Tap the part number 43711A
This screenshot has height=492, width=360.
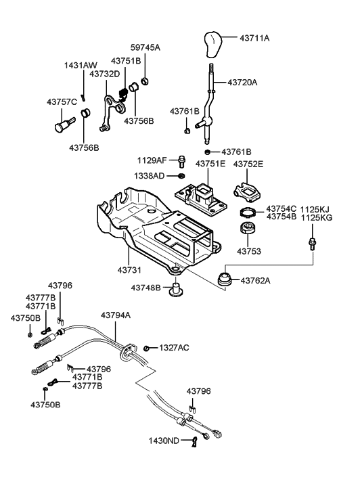(x=254, y=39)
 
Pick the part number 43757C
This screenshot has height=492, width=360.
(x=62, y=101)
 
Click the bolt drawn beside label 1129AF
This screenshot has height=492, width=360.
(x=181, y=162)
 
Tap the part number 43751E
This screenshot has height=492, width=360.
(x=211, y=164)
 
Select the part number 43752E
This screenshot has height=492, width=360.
(x=248, y=164)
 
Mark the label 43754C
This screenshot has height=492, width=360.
(x=281, y=208)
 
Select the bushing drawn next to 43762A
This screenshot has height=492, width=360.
(x=225, y=277)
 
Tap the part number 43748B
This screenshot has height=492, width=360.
(x=145, y=288)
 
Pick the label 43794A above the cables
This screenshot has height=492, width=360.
(x=116, y=315)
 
